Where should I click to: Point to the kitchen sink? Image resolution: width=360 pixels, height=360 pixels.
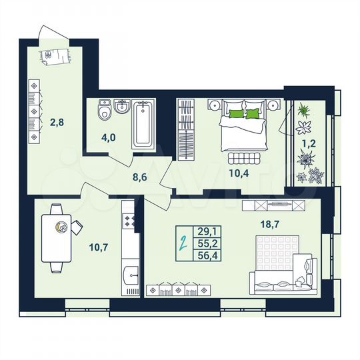(x=131, y=273)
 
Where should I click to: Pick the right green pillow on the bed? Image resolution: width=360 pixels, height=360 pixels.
(x=253, y=114)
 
